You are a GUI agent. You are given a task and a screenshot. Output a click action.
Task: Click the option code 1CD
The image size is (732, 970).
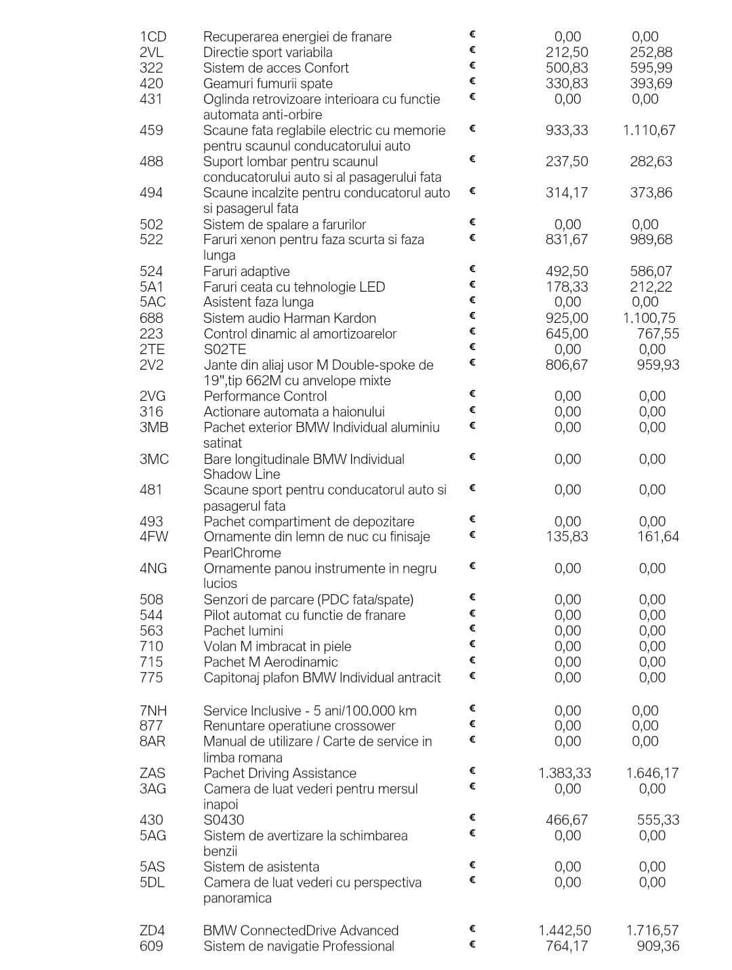[152, 37]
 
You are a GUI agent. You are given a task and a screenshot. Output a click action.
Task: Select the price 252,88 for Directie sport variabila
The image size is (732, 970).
[651, 52]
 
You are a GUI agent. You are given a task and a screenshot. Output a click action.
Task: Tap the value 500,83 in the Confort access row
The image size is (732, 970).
[567, 68]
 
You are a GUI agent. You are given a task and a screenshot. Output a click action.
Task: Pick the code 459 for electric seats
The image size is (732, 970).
[151, 130]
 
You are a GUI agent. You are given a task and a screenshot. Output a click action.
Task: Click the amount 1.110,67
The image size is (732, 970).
[649, 130]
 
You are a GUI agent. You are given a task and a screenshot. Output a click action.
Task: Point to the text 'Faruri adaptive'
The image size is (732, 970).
[246, 271]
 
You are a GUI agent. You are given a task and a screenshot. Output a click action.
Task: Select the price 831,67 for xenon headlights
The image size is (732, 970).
[567, 239]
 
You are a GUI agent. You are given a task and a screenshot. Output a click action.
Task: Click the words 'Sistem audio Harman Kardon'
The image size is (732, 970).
[289, 318]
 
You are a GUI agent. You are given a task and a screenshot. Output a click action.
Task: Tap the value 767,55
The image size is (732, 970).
[657, 334]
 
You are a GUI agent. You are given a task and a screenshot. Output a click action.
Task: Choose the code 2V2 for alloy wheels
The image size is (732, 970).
[152, 365]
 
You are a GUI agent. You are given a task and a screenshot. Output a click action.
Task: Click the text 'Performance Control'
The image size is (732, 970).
[265, 396]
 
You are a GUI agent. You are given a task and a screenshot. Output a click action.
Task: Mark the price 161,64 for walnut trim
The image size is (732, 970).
[657, 537]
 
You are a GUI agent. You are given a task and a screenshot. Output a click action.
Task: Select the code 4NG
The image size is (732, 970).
[153, 568]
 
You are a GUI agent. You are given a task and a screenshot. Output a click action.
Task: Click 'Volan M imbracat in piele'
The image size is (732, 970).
[277, 646]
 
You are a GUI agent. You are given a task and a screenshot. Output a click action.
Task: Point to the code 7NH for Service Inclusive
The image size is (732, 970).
[153, 711]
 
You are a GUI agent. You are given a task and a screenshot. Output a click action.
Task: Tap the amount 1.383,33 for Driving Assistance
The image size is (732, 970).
[565, 773]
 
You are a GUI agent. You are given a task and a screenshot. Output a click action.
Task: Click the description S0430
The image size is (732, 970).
[224, 820]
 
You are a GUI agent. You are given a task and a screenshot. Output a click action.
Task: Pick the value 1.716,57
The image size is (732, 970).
[652, 931]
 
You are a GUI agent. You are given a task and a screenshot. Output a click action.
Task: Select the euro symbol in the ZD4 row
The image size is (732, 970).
[472, 929]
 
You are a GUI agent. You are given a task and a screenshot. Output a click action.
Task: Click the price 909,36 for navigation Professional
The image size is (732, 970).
[657, 946]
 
